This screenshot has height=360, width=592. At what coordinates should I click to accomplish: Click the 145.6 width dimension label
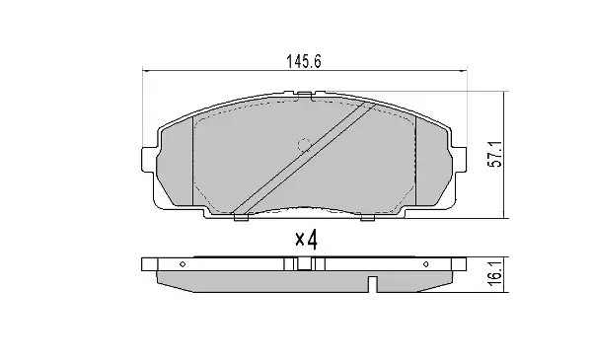(304, 61)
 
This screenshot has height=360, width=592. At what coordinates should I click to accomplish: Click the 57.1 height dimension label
(495, 154)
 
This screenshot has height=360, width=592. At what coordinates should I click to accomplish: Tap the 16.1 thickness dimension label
(495, 273)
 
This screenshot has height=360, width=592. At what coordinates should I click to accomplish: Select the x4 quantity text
(306, 240)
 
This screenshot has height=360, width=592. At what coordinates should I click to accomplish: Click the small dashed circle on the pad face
(304, 145)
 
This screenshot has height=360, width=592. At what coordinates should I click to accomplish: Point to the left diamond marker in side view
(183, 264)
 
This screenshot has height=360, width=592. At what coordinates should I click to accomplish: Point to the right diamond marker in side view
(426, 264)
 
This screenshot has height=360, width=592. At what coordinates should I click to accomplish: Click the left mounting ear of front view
(149, 159)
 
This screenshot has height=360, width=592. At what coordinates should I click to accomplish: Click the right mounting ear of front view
(459, 159)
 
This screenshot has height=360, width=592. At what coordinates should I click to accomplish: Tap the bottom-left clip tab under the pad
(241, 217)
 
